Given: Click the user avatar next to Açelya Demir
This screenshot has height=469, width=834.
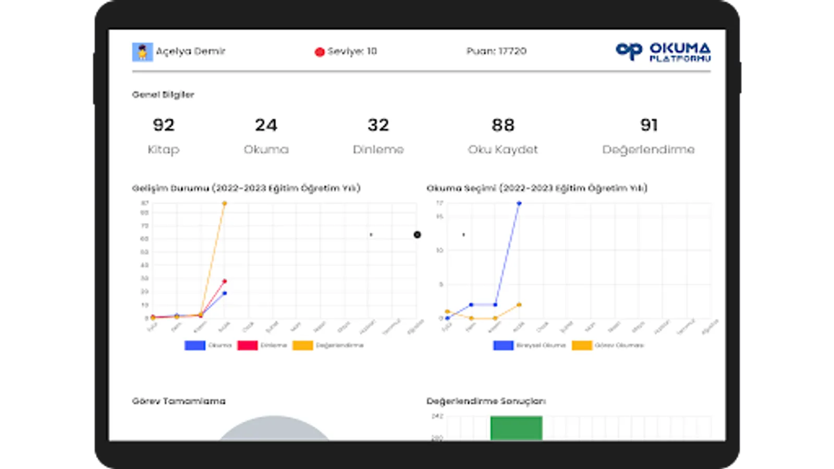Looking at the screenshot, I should (x=142, y=52).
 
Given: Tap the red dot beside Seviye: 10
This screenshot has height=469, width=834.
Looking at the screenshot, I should (x=320, y=52).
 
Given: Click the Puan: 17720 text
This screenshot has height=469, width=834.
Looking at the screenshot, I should (x=496, y=51).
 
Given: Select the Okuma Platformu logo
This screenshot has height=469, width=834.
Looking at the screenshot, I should (x=663, y=52).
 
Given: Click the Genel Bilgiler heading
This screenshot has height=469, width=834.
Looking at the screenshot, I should (x=163, y=95).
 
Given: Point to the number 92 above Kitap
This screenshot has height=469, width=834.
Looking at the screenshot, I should (x=164, y=125).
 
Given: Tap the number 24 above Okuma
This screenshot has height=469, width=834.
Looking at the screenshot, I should (x=266, y=125).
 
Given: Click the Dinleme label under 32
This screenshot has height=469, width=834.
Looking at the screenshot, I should (x=378, y=150).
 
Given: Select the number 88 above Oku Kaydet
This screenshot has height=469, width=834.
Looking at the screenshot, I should (x=503, y=125).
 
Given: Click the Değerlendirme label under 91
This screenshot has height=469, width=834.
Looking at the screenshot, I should (x=648, y=150).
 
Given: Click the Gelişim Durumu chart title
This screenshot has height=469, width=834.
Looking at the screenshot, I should (x=246, y=188).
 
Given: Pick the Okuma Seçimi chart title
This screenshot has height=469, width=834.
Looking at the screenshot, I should (x=537, y=188).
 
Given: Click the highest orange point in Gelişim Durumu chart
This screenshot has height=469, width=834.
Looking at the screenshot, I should (x=225, y=203).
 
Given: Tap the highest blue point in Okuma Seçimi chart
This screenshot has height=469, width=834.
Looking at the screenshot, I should (x=519, y=203).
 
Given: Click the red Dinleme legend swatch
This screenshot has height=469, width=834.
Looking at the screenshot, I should (x=247, y=345).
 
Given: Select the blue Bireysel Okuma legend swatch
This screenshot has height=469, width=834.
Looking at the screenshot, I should (x=503, y=345).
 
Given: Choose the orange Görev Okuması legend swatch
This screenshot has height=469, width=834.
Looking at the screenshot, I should (x=582, y=345).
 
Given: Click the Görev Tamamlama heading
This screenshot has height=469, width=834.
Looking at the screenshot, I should (x=179, y=401).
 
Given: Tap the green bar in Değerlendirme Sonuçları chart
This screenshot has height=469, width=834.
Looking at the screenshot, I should (x=516, y=428).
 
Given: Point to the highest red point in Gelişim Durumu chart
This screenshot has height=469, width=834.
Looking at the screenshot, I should (x=225, y=281).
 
